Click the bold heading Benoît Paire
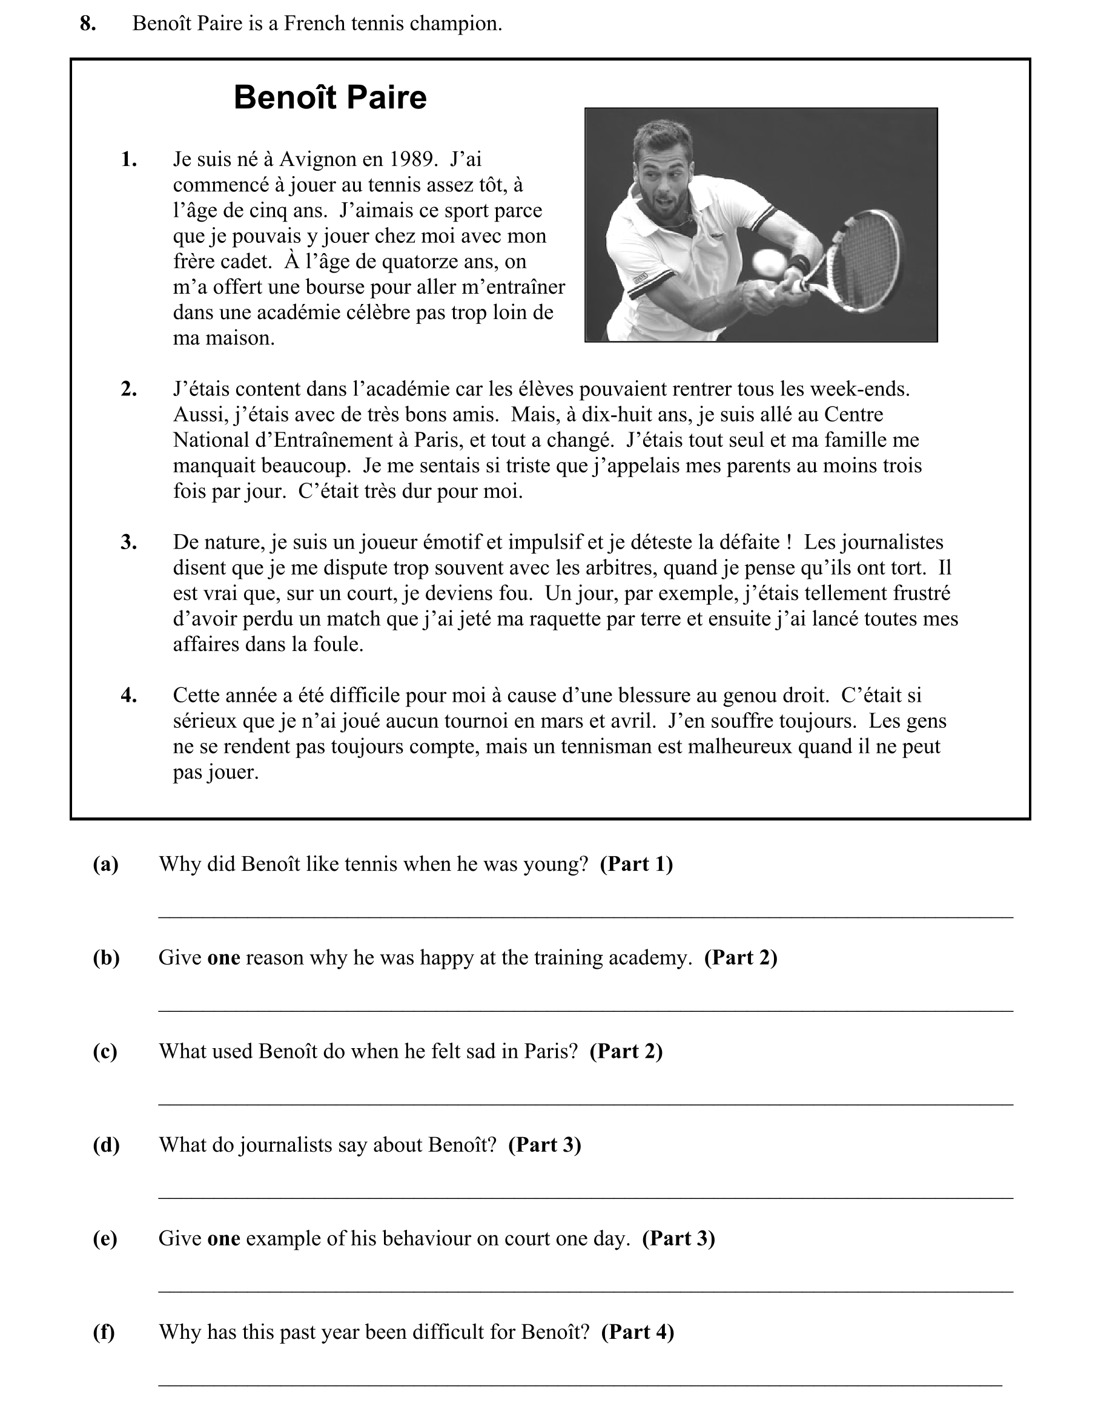pyautogui.click(x=330, y=98)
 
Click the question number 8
pyautogui.click(x=88, y=24)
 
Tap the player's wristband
pyautogui.click(x=799, y=263)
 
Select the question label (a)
pyautogui.click(x=106, y=864)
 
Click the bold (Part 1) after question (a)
pyautogui.click(x=636, y=864)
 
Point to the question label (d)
pyautogui.click(x=107, y=1144)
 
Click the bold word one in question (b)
pyautogui.click(x=223, y=958)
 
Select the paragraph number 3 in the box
pyautogui.click(x=128, y=543)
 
